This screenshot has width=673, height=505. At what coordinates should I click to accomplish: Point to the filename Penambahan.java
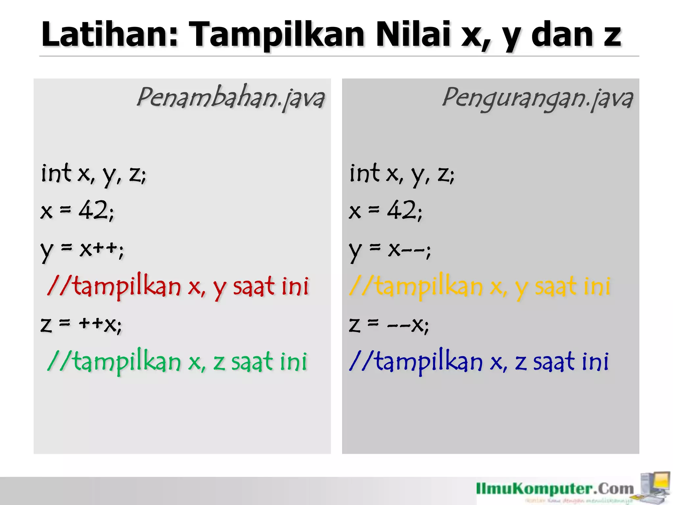(x=231, y=98)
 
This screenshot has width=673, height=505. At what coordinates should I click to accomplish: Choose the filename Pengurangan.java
(x=537, y=98)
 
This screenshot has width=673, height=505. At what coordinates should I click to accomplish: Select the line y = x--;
(x=390, y=250)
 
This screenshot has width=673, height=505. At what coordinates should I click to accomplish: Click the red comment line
(x=178, y=286)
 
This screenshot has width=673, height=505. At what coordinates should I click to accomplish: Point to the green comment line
(x=177, y=361)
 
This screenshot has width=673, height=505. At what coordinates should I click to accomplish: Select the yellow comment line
(x=479, y=286)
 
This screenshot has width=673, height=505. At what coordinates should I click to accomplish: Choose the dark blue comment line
(x=479, y=361)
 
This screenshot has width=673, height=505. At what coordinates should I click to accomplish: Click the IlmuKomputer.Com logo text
(x=555, y=489)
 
